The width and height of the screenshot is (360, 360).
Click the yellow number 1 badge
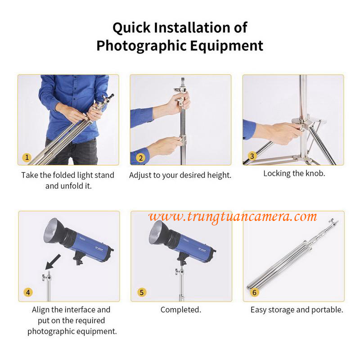[x=27, y=157]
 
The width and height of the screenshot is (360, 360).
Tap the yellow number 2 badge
[x=140, y=158]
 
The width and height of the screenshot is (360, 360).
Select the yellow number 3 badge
[x=252, y=156]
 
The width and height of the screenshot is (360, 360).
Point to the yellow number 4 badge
[x=28, y=292]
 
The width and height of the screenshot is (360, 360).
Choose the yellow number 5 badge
[x=142, y=292]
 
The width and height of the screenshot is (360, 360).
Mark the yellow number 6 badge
[x=254, y=292]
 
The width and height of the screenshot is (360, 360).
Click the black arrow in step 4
[x=53, y=262]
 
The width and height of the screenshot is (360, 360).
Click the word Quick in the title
[x=131, y=28]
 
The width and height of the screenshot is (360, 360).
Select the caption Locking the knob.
[x=294, y=173]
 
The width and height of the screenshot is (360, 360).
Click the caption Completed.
[x=181, y=310]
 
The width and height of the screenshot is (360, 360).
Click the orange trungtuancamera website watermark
[x=233, y=216]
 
